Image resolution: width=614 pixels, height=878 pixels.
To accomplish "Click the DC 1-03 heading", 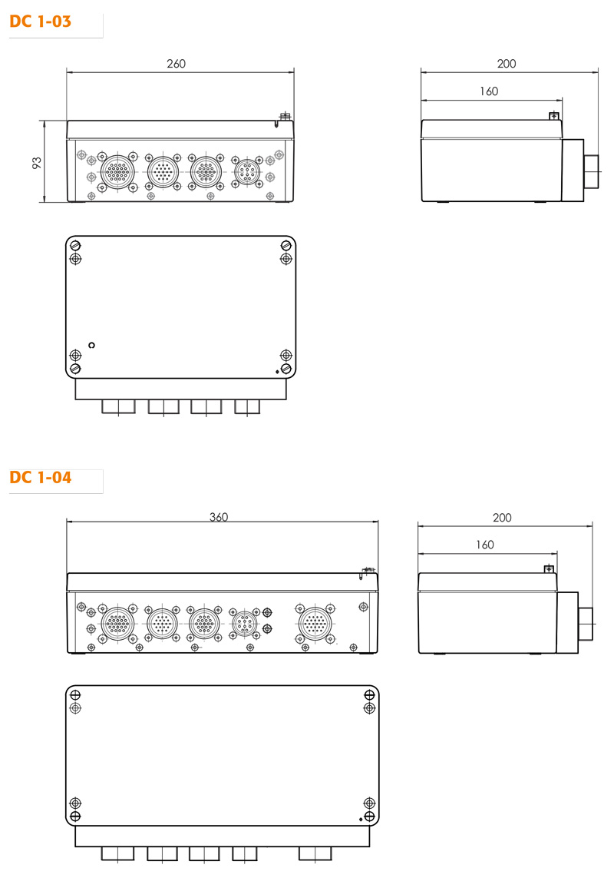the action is coord(41,22).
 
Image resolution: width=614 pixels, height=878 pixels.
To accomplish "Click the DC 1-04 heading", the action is coord(41,478).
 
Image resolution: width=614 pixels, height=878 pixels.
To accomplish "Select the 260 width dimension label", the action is coord(177,64).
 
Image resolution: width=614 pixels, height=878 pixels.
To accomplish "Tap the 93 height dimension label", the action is coord(37,163).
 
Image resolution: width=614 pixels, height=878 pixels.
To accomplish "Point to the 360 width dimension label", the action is coord(219,517).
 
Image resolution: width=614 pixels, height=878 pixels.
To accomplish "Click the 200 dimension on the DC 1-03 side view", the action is coord(507,64).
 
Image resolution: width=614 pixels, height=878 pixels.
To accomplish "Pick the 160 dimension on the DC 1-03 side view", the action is coord(489,91).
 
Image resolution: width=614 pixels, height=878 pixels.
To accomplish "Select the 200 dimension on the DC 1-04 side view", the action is coord(502,518).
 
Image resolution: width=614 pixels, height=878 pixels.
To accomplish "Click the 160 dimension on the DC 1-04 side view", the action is coord(485,545).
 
